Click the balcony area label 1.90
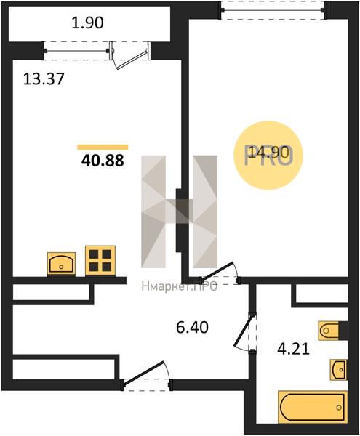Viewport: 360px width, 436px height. pyautogui.click(x=87, y=23)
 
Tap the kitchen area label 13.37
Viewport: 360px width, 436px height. pyautogui.click(x=44, y=78)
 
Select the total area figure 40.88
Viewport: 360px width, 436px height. pyautogui.click(x=103, y=161)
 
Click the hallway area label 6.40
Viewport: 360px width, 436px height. pyautogui.click(x=192, y=327)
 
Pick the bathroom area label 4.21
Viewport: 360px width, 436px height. pyautogui.click(x=294, y=349)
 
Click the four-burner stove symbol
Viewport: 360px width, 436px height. pyautogui.click(x=100, y=261)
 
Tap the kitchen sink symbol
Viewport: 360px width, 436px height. pyautogui.click(x=61, y=264)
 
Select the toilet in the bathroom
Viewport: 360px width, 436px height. pyautogui.click(x=329, y=331)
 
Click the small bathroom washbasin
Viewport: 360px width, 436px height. pyautogui.click(x=339, y=370)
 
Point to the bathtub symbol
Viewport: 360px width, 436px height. pyautogui.click(x=313, y=408)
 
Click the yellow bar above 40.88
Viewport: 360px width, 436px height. pyautogui.click(x=103, y=147)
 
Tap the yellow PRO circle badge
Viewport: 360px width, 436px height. pyautogui.click(x=268, y=156)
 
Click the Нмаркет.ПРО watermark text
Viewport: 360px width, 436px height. pyautogui.click(x=180, y=286)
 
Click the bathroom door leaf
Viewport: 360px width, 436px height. pyautogui.click(x=244, y=330)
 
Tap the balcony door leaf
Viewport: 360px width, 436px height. pyautogui.click(x=132, y=60)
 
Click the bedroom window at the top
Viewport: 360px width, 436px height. pyautogui.click(x=273, y=10)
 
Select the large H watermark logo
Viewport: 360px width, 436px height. pyautogui.click(x=179, y=211)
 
